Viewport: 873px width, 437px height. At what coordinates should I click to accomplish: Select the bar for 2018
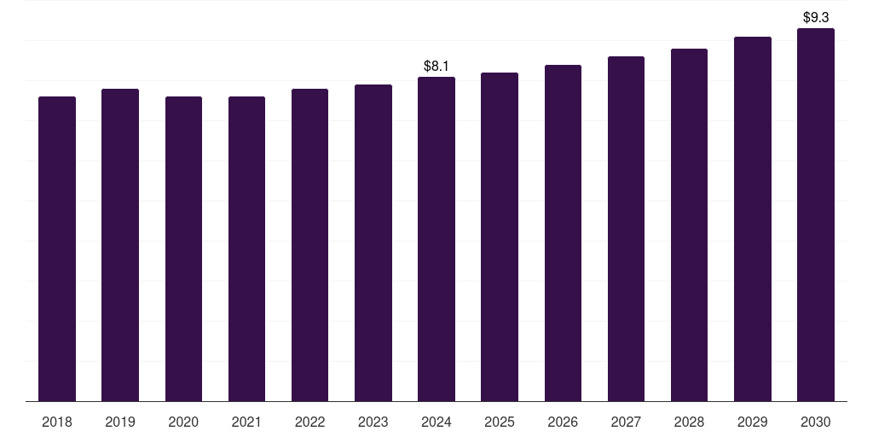pos(57,248)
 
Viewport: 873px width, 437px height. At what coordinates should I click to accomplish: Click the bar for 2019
pos(120,245)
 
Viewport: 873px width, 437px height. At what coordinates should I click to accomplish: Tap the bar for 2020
pos(184,248)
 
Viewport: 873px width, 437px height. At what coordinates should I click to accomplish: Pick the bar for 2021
pos(246,248)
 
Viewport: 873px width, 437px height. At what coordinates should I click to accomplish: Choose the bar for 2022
pos(309,245)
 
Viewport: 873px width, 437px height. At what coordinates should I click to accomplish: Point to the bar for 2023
pos(373,243)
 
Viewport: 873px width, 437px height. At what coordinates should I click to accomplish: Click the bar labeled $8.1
pos(436,239)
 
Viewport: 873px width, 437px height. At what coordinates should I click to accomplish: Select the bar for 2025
pos(500,237)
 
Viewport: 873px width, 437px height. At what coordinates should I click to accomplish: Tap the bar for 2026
pos(563,233)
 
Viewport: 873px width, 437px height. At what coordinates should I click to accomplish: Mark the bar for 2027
pos(626,229)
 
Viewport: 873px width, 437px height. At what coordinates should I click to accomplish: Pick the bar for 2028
pos(689,225)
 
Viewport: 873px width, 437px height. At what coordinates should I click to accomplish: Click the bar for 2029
pos(753,219)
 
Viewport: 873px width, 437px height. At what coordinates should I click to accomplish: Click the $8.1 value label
pos(436,67)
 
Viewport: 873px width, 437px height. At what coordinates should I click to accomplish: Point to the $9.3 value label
pos(816,18)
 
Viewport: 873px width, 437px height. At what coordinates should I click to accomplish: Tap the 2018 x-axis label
pos(57,422)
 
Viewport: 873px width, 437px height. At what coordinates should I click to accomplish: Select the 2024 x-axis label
pos(436,422)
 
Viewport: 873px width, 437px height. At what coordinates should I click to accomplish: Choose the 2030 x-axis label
pos(816,422)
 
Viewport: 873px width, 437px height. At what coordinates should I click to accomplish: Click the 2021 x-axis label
pos(246,422)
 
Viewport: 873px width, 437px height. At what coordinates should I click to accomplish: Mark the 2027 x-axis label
pos(626,422)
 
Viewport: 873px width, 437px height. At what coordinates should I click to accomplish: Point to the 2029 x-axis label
pos(753,422)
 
